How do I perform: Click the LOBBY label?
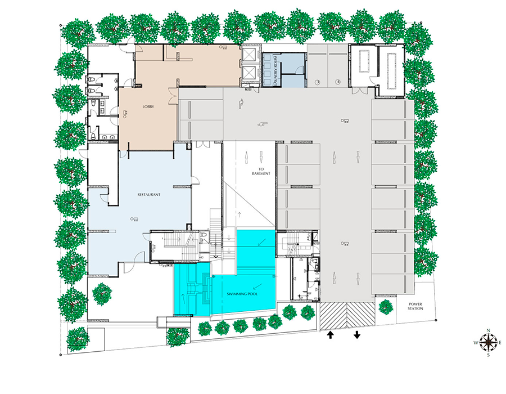pyautogui.click(x=148, y=106)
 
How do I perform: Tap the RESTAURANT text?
pyautogui.click(x=149, y=195)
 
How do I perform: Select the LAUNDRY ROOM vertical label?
pyautogui.click(x=275, y=70)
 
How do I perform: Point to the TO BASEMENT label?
pyautogui.click(x=261, y=171)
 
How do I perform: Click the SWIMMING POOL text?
pyautogui.click(x=242, y=294)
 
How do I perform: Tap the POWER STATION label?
pyautogui.click(x=415, y=306)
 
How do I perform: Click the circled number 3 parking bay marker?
pyautogui.click(x=318, y=82)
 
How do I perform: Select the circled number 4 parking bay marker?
pyautogui.click(x=338, y=82)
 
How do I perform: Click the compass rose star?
pyautogui.click(x=488, y=342)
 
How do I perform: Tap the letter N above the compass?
pyautogui.click(x=489, y=330)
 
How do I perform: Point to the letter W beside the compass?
pyautogui.click(x=476, y=343)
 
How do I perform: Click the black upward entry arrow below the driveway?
pyautogui.click(x=330, y=335)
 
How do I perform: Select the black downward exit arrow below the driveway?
pyautogui.click(x=357, y=335)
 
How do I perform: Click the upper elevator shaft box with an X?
pyautogui.click(x=250, y=55)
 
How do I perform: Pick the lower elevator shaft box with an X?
pyautogui.click(x=250, y=73)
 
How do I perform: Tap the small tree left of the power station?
pyautogui.click(x=386, y=307)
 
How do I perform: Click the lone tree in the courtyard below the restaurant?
pyautogui.click(x=102, y=294)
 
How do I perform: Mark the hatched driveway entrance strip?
pyautogui.click(x=347, y=316)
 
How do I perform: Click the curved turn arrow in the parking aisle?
pyautogui.click(x=241, y=104)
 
